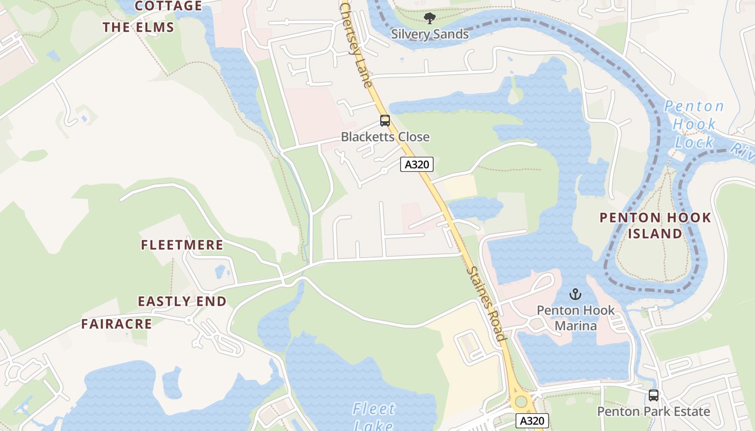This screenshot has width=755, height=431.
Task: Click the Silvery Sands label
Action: point(430,34)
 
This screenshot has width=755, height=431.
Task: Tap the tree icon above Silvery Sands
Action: point(429,19)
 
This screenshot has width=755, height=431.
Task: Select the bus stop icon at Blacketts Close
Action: point(385,121)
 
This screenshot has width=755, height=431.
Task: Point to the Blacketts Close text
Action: point(385,137)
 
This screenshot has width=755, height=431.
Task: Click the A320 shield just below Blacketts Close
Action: point(417,164)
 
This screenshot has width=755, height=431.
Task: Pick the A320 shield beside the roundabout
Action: point(532,421)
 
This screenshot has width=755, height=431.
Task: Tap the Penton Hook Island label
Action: point(655,226)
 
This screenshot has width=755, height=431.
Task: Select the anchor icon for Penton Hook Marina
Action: point(575,295)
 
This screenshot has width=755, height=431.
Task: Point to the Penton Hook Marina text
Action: point(575,318)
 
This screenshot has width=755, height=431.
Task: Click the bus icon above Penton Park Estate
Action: point(654,395)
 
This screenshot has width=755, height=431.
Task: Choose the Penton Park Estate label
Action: point(654,412)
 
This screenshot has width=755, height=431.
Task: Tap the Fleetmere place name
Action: point(182,245)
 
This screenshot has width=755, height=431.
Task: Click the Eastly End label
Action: point(182,301)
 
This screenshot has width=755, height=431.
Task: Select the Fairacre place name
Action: point(116,324)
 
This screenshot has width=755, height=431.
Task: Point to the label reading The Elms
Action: point(139,27)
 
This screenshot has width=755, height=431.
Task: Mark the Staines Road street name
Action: point(486,304)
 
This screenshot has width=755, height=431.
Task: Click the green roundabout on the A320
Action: point(520,401)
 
